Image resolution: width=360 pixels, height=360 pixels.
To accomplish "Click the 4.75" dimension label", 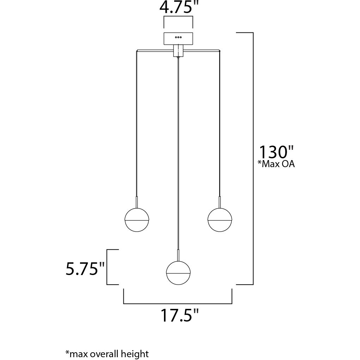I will [x=179, y=8].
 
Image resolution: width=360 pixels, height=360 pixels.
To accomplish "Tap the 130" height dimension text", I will [x=276, y=152].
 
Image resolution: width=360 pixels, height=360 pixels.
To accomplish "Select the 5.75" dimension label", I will [x=85, y=269].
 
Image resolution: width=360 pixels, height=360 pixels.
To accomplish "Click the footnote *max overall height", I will [x=107, y=354].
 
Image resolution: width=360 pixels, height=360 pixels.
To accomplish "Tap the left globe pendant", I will [x=137, y=220].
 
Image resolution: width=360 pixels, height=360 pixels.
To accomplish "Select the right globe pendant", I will [x=220, y=220].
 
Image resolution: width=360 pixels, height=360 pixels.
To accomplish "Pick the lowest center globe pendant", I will [x=178, y=273].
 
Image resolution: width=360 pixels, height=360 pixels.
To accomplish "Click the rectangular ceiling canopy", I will [x=178, y=38].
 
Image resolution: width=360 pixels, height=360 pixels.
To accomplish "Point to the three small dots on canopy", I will [x=178, y=37].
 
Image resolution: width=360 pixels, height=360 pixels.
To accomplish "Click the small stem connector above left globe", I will [x=137, y=202].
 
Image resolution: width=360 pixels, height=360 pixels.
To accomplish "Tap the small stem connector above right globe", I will [x=220, y=202].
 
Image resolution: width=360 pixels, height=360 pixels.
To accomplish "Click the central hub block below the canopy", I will [x=178, y=51].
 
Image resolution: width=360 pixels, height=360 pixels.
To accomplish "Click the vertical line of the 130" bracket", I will [x=253, y=159].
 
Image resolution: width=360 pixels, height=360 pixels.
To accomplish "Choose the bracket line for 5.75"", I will [x=107, y=267].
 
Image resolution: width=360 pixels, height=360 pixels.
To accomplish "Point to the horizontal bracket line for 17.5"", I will [x=178, y=303].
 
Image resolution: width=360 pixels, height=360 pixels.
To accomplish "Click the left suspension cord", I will [x=137, y=123].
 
